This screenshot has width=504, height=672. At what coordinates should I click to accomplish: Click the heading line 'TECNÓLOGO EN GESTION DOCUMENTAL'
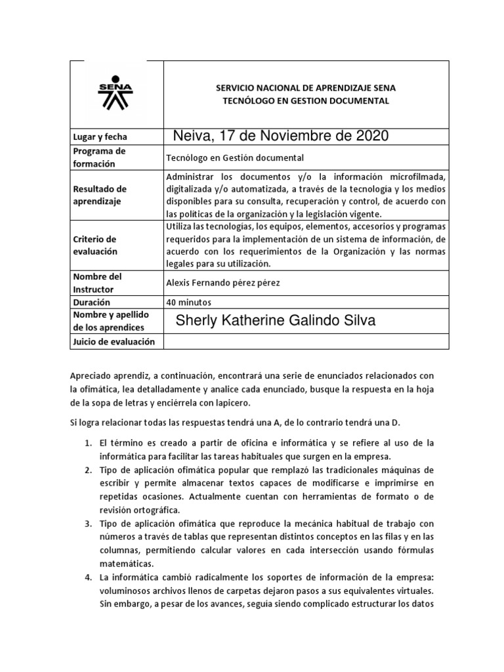pyautogui.click(x=306, y=101)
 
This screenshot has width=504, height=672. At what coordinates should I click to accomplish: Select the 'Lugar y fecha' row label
pyautogui.click(x=100, y=137)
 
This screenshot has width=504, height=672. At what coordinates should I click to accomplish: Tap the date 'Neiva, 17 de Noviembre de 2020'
pyautogui.click(x=281, y=136)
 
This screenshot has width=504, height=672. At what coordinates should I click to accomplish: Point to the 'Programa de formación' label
pyautogui.click(x=100, y=157)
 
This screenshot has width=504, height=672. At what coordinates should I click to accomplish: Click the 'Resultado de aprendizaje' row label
pyautogui.click(x=100, y=196)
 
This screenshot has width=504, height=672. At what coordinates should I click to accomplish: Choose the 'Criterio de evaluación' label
pyautogui.click(x=94, y=245)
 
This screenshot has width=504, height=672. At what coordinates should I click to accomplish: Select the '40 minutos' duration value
pyautogui.click(x=189, y=303)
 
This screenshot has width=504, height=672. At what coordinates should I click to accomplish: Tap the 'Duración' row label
pyautogui.click(x=92, y=303)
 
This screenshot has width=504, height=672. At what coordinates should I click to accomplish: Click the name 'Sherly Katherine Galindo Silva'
pyautogui.click(x=276, y=320)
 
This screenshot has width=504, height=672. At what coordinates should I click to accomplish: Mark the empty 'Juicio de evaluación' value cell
pyautogui.click(x=305, y=342)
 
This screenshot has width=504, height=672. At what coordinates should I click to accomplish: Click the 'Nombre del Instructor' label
pyautogui.click(x=98, y=283)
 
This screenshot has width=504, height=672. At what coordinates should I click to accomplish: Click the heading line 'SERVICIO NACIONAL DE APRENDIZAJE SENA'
pyautogui.click(x=306, y=87)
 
